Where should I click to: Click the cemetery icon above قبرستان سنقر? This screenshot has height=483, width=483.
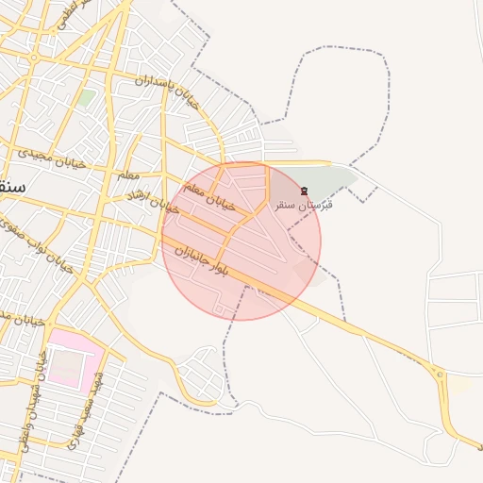point(304,192)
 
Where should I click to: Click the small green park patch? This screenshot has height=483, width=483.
point(86,98)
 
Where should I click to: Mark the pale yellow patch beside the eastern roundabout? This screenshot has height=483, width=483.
point(460,385)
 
